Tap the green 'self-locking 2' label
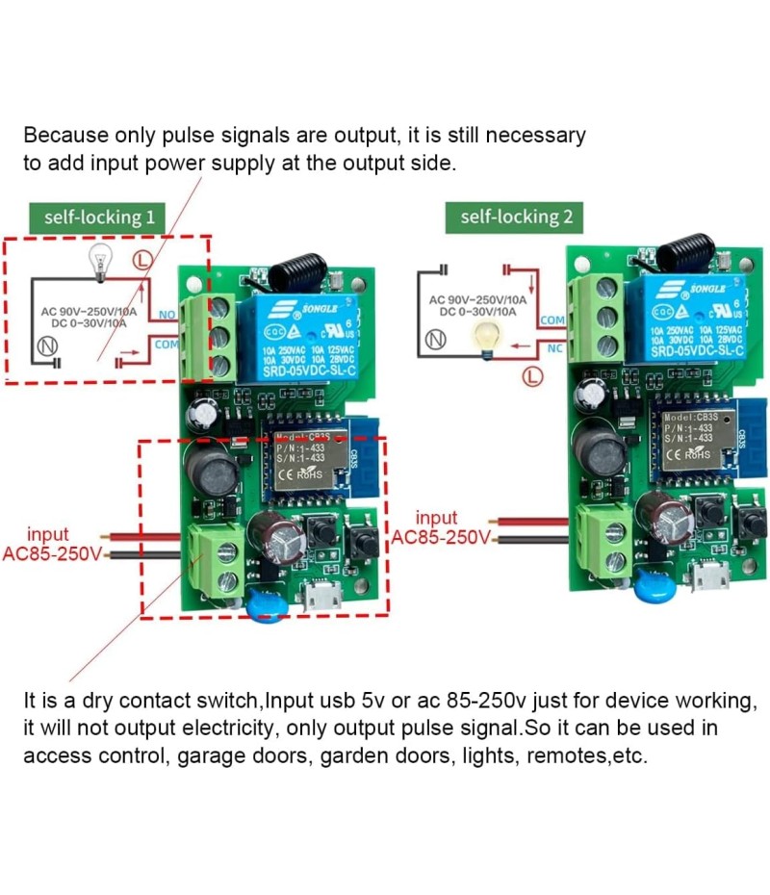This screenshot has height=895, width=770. point(516,217)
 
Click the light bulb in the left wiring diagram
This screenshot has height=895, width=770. point(97,260)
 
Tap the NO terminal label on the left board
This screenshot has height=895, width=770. point(167,315)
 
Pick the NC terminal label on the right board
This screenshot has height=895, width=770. point(555,347)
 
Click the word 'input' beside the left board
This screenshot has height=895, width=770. point(48,534)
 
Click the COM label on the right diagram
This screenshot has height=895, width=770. point(553,320)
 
